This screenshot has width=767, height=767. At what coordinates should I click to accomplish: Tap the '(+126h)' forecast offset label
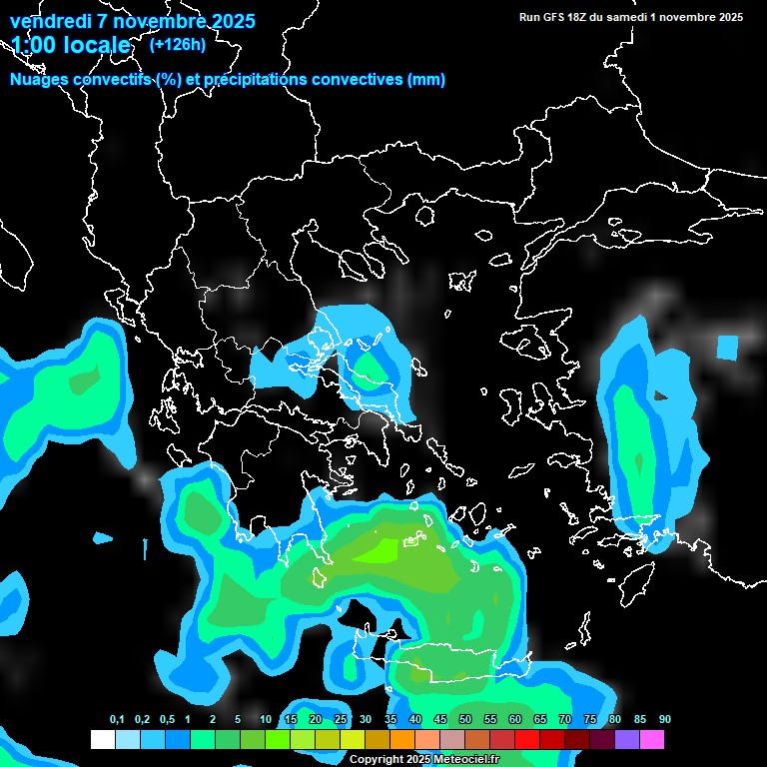click(177, 44)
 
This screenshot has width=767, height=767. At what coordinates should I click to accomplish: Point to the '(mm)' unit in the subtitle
click(426, 80)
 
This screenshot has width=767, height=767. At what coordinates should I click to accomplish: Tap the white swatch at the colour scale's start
click(103, 739)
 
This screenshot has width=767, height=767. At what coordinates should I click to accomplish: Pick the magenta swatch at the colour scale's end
click(652, 739)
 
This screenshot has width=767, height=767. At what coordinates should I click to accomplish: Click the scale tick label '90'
click(665, 720)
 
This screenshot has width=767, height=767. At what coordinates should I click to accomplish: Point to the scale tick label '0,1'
click(117, 720)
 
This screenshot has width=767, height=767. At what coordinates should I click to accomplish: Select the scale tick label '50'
click(465, 720)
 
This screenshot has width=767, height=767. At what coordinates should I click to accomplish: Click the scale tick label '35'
click(390, 720)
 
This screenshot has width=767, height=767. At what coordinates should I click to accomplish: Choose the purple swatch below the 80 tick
click(627, 739)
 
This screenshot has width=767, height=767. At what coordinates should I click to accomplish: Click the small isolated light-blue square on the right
click(727, 348)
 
